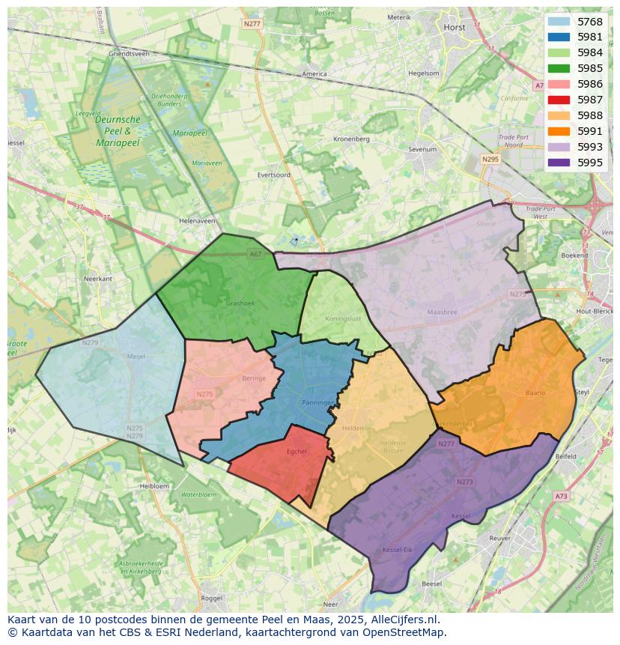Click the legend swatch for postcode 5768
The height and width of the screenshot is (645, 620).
559,22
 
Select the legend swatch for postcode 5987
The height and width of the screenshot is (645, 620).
559,100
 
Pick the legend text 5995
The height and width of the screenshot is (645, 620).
590,163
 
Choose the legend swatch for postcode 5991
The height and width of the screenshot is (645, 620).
559,131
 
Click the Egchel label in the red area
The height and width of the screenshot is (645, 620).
297,451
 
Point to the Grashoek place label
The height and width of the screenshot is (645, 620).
240,303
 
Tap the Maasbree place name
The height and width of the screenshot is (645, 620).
441,312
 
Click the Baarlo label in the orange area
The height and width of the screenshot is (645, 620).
535,392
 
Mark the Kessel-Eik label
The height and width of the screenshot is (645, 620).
397,550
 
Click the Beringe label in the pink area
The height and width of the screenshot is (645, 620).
254,378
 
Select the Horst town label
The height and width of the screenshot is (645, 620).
455,27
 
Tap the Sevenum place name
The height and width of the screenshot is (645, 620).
422,149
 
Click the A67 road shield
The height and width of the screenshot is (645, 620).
255,254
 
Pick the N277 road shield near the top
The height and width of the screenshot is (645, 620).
252,24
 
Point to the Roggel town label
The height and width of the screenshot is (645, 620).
212,598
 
